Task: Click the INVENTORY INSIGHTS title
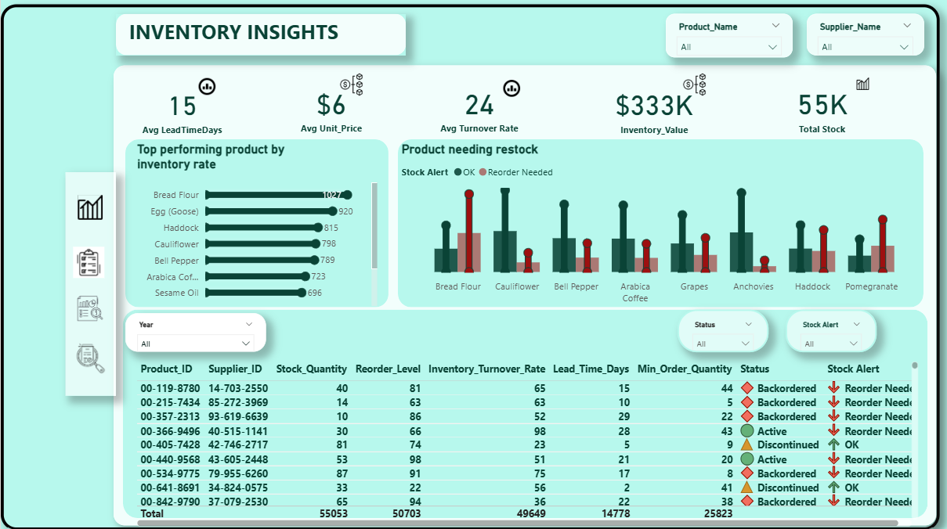(x=233, y=33)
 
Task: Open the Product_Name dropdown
(x=729, y=47)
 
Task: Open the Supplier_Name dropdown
(x=865, y=47)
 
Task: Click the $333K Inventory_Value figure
(x=653, y=105)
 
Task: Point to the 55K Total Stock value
(x=822, y=105)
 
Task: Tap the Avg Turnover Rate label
(x=479, y=128)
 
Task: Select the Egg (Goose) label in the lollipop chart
(x=175, y=211)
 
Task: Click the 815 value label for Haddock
(x=331, y=228)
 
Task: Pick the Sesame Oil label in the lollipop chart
(x=176, y=293)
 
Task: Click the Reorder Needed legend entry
(x=519, y=172)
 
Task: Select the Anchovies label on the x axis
(x=754, y=286)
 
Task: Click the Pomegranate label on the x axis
(x=871, y=286)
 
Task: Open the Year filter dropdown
(x=195, y=344)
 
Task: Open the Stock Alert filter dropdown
(x=830, y=344)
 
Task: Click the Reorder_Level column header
(x=388, y=369)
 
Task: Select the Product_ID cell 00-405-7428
(x=170, y=445)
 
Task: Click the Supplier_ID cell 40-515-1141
(x=238, y=431)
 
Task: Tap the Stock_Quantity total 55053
(x=328, y=513)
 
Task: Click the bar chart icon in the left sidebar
(x=90, y=208)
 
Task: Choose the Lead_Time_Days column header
(x=591, y=369)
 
